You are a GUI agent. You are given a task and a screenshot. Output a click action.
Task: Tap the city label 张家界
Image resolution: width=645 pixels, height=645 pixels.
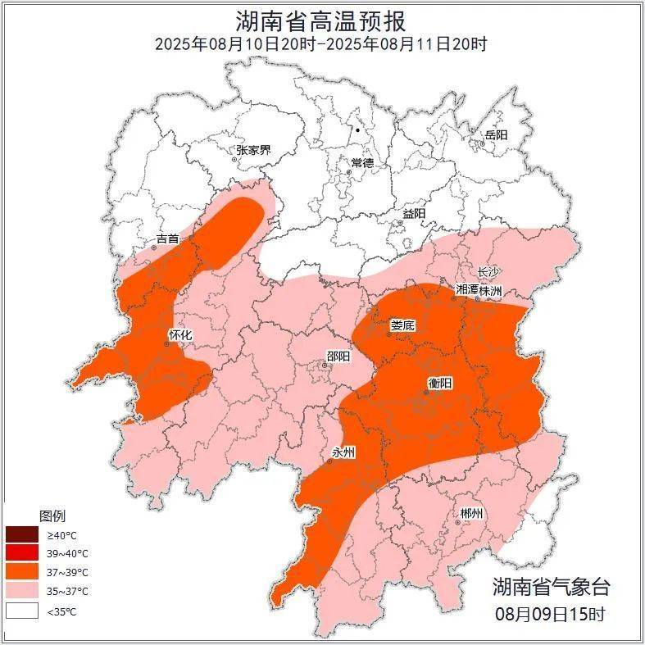(x=253, y=150)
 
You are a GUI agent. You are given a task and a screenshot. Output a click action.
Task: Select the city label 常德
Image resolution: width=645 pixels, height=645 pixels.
(x=362, y=163)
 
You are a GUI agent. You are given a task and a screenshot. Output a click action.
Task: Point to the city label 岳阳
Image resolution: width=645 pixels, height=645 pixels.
(x=497, y=135)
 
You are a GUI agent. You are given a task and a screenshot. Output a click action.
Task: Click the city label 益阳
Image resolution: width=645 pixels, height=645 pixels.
(x=414, y=213)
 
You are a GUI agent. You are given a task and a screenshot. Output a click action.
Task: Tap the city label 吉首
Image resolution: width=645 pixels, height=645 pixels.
(x=167, y=238)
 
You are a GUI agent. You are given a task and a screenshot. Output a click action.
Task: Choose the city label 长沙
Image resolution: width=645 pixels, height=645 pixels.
(x=488, y=272)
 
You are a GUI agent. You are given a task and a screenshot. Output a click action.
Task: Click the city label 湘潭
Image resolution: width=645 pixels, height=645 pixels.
(x=466, y=290)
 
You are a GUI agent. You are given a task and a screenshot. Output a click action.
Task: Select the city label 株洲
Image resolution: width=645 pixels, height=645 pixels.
(x=491, y=290)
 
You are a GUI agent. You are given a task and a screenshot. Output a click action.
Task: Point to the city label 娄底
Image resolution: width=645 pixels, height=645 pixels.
(x=402, y=325)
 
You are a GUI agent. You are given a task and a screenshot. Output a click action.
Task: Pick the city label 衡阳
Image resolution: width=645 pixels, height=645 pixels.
(x=440, y=383)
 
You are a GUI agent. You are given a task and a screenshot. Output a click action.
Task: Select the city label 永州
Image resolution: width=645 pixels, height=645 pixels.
(x=343, y=452)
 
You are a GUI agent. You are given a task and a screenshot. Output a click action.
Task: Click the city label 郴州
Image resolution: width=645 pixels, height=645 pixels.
(x=471, y=513)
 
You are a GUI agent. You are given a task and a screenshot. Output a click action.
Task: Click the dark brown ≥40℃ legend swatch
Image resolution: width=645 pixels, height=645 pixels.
(x=22, y=535)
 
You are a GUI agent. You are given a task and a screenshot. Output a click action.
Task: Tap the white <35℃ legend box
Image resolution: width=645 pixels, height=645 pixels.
(x=22, y=611)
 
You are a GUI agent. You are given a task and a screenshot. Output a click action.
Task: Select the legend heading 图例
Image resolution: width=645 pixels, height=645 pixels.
(x=52, y=516)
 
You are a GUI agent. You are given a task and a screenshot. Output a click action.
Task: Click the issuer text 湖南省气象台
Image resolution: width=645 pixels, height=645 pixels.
(x=551, y=587)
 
